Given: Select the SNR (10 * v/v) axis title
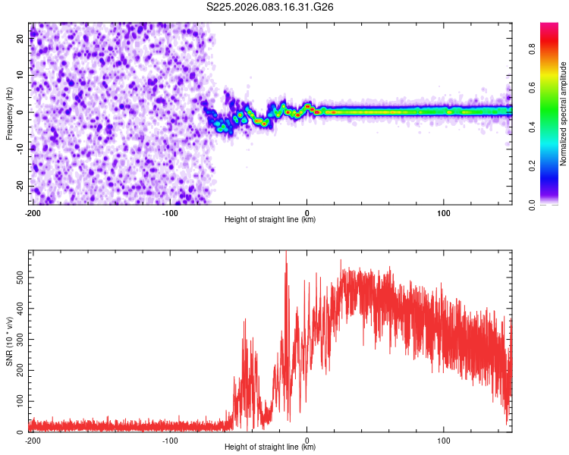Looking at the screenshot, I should [x=9, y=341].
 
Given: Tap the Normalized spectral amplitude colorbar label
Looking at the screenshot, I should [x=564, y=114].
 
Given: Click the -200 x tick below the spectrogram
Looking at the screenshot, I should [x=33, y=212].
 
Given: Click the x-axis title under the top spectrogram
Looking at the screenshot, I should [x=270, y=220].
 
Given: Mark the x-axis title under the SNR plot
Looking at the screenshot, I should [x=270, y=447].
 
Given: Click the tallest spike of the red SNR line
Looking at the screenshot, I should [x=286, y=253].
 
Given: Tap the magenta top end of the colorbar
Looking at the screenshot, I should [x=549, y=27].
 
